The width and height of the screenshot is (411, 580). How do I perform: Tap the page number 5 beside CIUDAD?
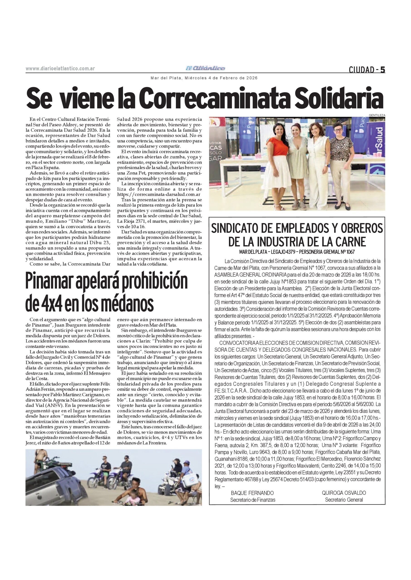pos(383,70)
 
